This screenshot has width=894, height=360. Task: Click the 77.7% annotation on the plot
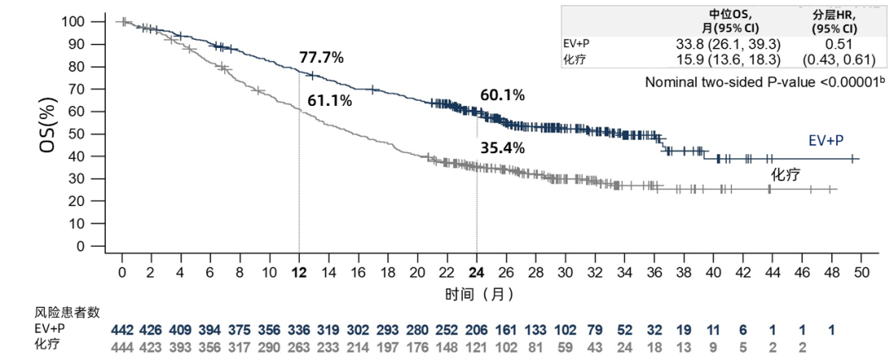click(321, 57)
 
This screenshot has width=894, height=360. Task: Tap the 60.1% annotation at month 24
click(502, 95)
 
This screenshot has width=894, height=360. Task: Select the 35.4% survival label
click(502, 149)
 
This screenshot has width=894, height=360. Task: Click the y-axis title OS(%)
click(47, 132)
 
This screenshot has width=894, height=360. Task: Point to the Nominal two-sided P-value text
click(761, 82)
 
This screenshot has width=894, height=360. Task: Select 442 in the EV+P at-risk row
click(123, 329)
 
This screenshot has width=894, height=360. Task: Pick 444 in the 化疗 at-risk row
click(123, 344)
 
